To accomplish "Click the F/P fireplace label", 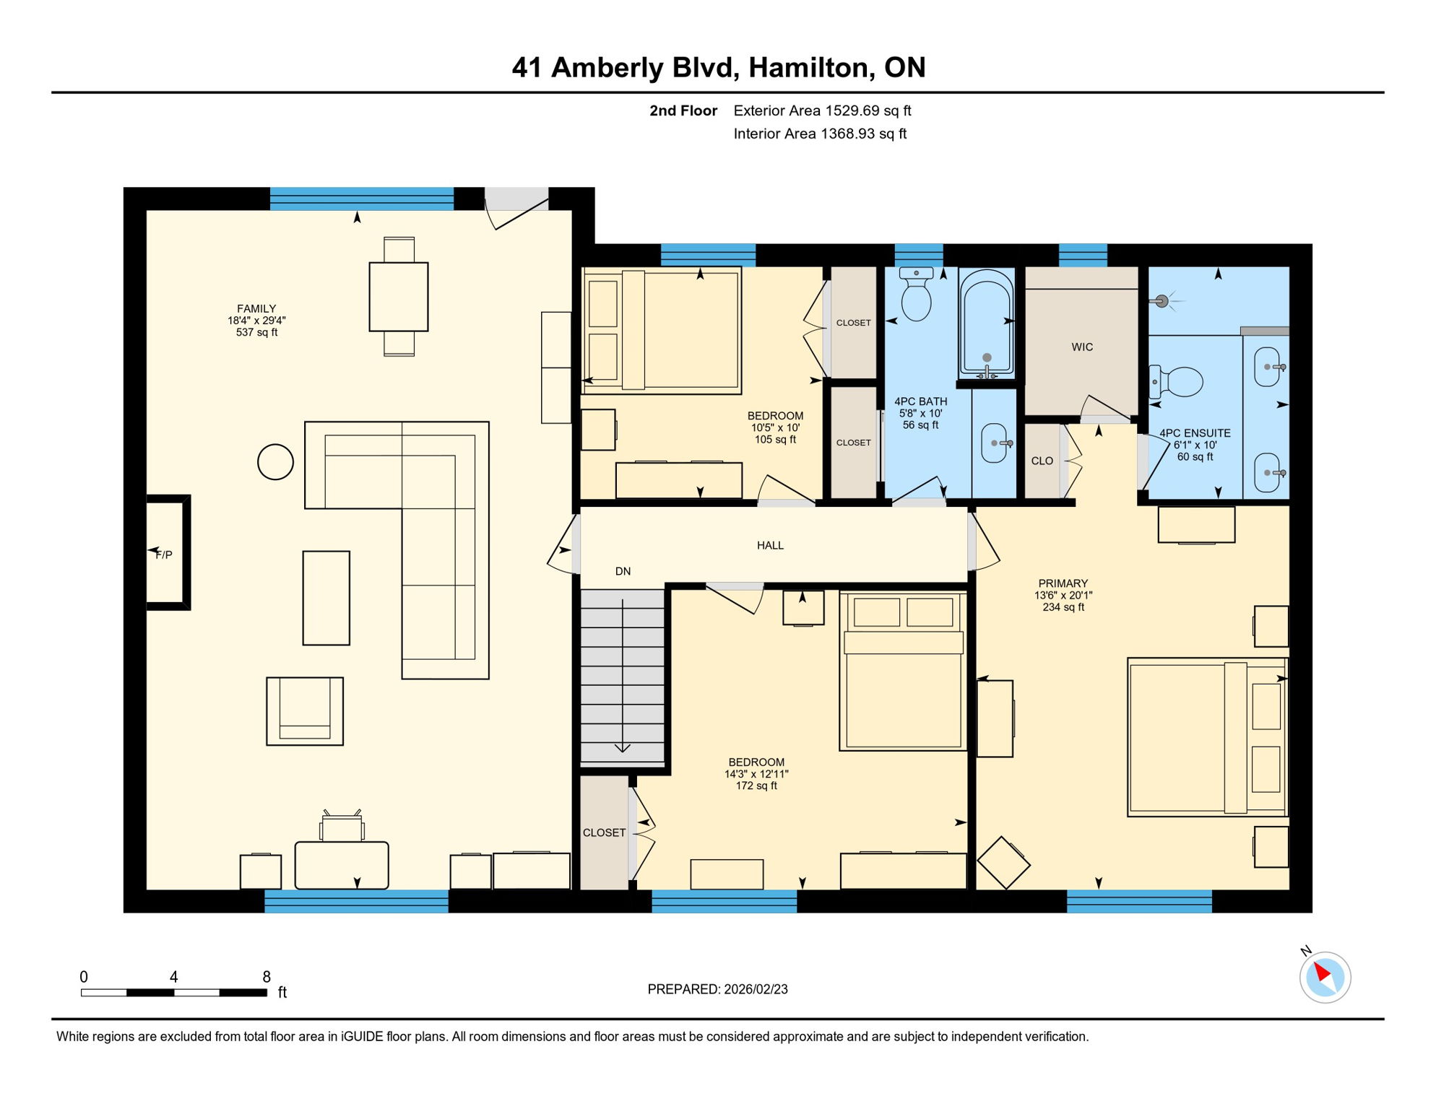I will point(164,554).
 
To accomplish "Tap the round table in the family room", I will point(275,462).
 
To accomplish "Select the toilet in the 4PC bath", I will point(917,297).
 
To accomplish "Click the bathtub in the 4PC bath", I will point(987,321).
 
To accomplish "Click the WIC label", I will point(1081,347).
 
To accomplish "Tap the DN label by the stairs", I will point(623,571).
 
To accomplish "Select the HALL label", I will point(770,545).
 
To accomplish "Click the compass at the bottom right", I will point(1325,977).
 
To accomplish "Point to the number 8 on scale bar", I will point(267,976).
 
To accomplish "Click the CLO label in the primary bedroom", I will point(1042,461).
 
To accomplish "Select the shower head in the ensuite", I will point(1162,301).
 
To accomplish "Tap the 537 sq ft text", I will point(256,332).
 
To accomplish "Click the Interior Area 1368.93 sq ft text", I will point(820,134).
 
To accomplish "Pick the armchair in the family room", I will point(305,711).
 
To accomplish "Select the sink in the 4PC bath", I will point(995,443).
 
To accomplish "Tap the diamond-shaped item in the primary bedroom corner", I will point(1003,862).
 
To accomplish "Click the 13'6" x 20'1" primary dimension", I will point(1063,596).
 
